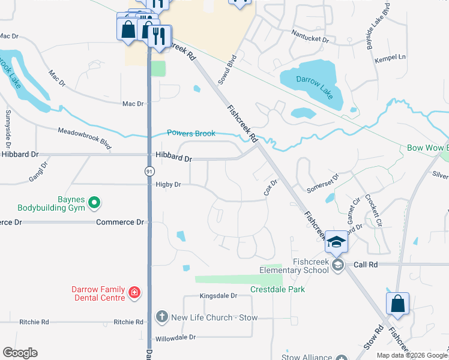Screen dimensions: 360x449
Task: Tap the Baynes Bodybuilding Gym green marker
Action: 94,204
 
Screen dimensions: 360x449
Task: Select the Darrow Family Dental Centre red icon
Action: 135,293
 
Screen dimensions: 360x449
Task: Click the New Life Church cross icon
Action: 161,317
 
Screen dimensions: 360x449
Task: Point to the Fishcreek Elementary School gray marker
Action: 338,265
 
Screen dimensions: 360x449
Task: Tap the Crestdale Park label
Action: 277,289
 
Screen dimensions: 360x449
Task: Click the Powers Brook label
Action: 191,133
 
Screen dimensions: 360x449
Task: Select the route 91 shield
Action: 148,171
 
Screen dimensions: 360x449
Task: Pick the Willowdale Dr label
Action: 176,337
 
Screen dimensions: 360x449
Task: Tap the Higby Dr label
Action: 168,185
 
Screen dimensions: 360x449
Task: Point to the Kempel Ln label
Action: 391,57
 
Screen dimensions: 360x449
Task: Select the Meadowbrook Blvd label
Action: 85,138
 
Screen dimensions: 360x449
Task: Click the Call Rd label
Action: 366,264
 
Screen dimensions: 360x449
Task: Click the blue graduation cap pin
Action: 336,242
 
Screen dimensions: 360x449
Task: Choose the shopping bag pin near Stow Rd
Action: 397,304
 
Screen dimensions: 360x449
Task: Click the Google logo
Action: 20,353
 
